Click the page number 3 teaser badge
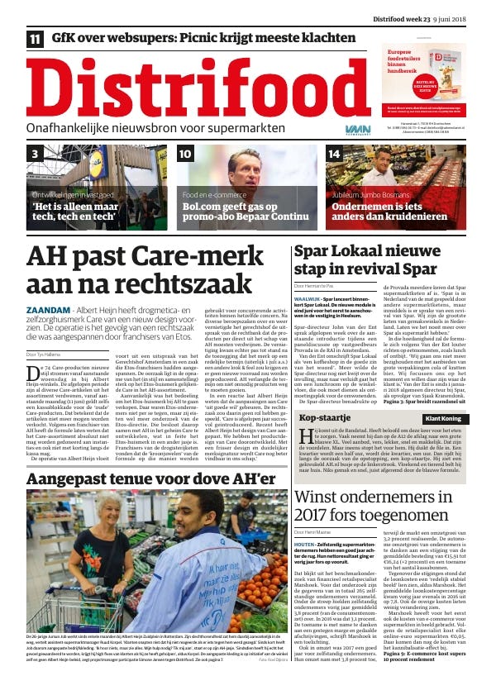click(36, 154)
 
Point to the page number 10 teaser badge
click(185, 154)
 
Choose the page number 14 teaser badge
click(334, 154)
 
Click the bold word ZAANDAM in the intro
click(49, 307)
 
